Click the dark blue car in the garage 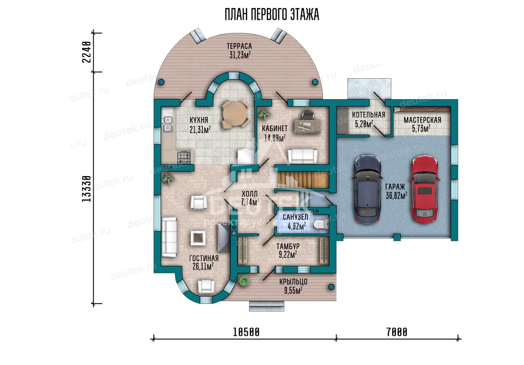click(367, 189)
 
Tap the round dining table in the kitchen click(232, 114)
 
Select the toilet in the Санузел click(321, 225)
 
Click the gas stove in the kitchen click(184, 157)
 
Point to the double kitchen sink click(168, 124)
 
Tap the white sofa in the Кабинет click(302, 156)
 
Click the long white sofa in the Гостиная click(169, 237)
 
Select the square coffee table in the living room click(198, 238)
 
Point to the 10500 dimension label click(246, 332)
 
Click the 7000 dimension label click(397, 332)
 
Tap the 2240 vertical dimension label click(86, 52)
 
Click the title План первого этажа click(272, 14)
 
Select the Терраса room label click(239, 46)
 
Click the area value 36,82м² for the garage click(396, 195)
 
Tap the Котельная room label click(369, 115)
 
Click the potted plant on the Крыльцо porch click(244, 280)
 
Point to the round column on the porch click(331, 287)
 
